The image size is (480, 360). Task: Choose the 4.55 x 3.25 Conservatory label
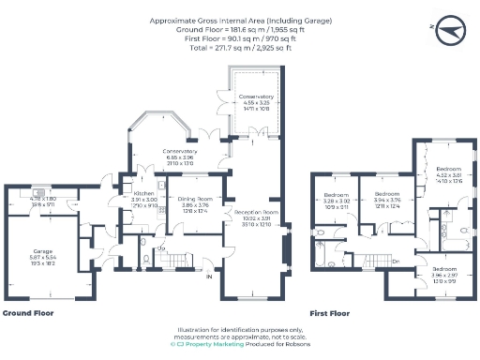point(256,97)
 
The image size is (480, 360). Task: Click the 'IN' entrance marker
point(210,277)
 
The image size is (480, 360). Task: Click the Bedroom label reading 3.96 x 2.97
point(444,272)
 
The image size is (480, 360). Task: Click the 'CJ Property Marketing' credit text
point(209,344)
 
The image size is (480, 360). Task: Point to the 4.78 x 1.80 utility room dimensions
point(43,198)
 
